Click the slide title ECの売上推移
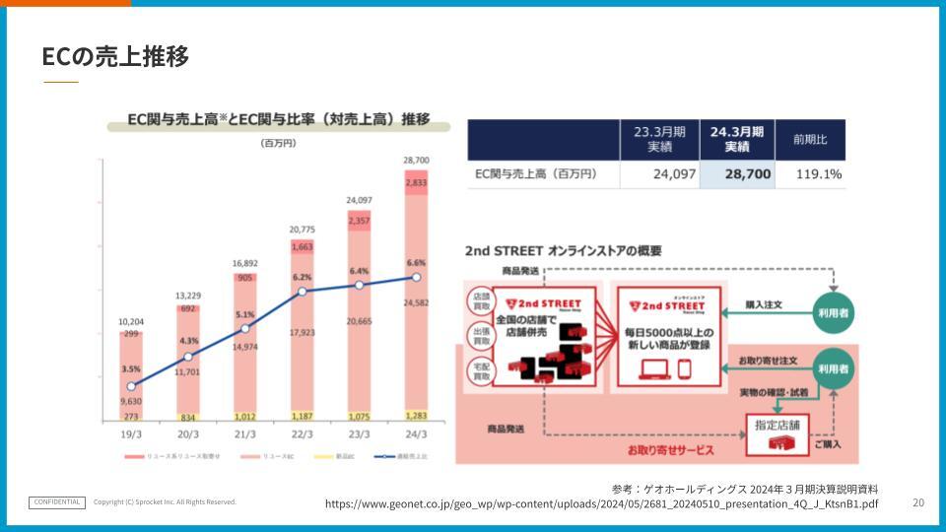[115, 57]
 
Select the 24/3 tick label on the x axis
[416, 433]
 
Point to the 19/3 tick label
[131, 433]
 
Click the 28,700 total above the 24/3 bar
[416, 160]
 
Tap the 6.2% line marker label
[302, 278]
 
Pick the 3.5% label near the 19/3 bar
[131, 369]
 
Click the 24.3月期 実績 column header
[736, 139]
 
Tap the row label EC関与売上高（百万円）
[536, 173]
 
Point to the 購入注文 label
[764, 305]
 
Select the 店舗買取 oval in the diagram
[481, 302]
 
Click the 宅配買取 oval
[481, 370]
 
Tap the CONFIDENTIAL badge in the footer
[57, 501]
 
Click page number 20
[918, 501]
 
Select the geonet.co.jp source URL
[601, 503]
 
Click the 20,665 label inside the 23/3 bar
[359, 321]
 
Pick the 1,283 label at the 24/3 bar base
[416, 416]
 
